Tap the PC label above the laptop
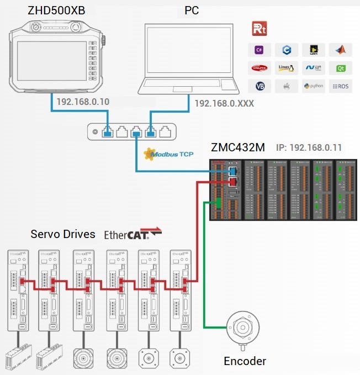point(191,10)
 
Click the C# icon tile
point(259,50)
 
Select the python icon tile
point(314,87)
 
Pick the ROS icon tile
point(340,87)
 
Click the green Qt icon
point(340,68)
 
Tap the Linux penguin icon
point(287,68)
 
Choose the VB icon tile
point(259,87)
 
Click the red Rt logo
point(259,29)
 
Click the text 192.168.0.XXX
point(220,103)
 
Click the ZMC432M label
point(238,147)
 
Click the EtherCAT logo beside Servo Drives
point(133,234)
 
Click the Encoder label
point(245,361)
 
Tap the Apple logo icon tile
point(287,87)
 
